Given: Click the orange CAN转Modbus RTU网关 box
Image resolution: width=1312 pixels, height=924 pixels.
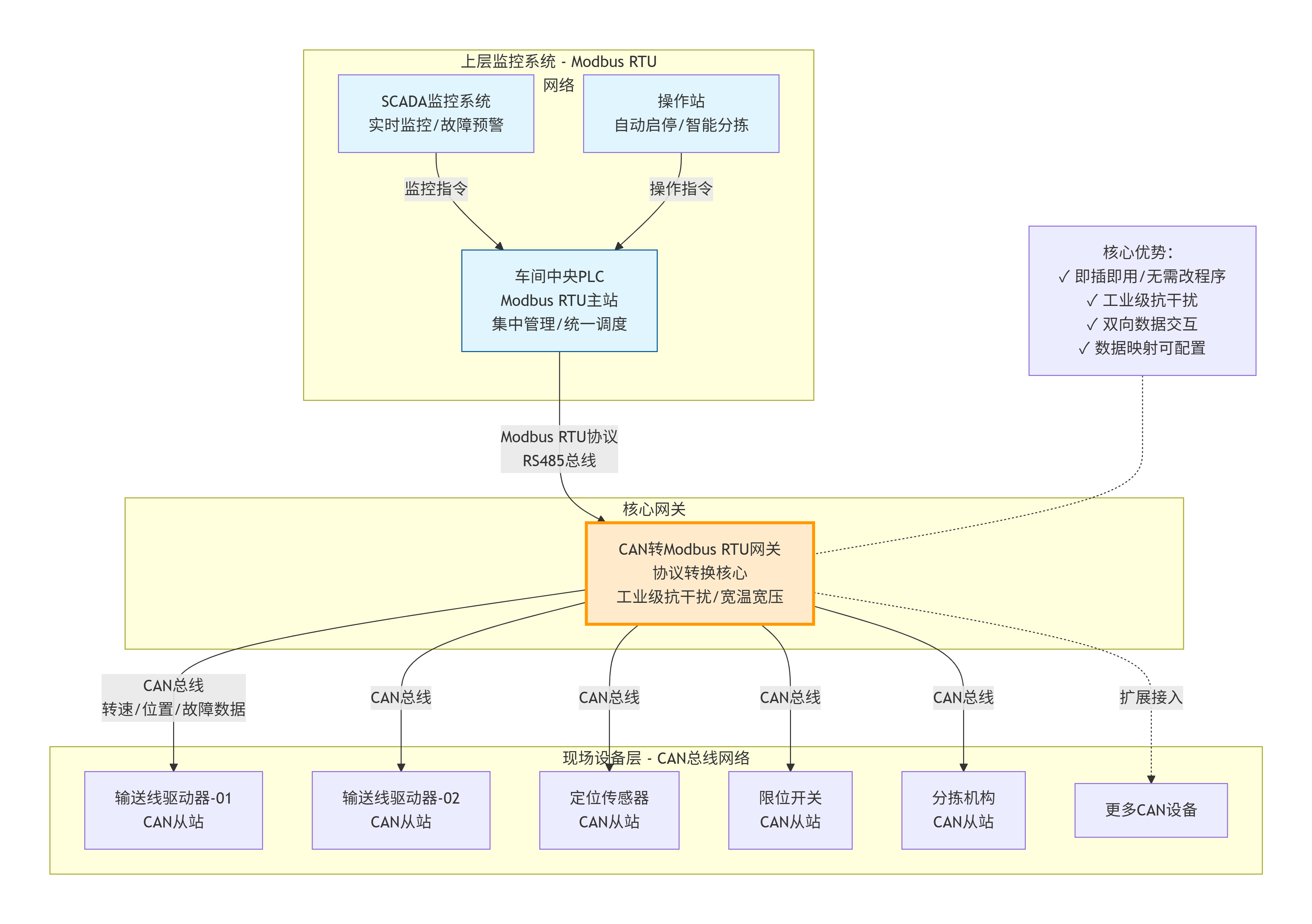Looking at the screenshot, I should point(699,573).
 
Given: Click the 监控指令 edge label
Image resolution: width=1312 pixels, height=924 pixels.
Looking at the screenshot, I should point(436,189).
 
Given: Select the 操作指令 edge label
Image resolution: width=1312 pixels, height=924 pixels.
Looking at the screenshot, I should point(681,189).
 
